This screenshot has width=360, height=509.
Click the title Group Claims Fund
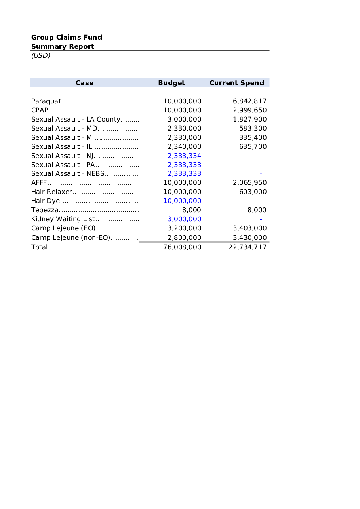click(67, 37)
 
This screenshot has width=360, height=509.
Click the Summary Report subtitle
click(63, 46)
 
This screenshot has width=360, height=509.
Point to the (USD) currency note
click(41, 55)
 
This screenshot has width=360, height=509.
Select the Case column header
click(84, 83)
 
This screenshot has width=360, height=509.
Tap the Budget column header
click(171, 83)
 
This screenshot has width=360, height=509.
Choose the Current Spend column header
click(236, 83)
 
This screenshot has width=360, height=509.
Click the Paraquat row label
click(46, 101)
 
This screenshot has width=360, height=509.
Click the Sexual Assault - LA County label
click(75, 119)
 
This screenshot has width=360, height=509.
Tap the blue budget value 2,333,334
click(184, 156)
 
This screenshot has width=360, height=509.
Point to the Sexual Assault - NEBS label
click(68, 174)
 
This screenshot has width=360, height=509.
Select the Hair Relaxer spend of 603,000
click(253, 192)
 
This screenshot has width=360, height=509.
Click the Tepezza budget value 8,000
click(191, 210)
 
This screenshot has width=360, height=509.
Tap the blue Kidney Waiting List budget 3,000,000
click(184, 219)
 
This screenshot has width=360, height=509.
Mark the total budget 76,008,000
click(182, 247)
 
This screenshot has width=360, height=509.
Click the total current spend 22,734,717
click(248, 247)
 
